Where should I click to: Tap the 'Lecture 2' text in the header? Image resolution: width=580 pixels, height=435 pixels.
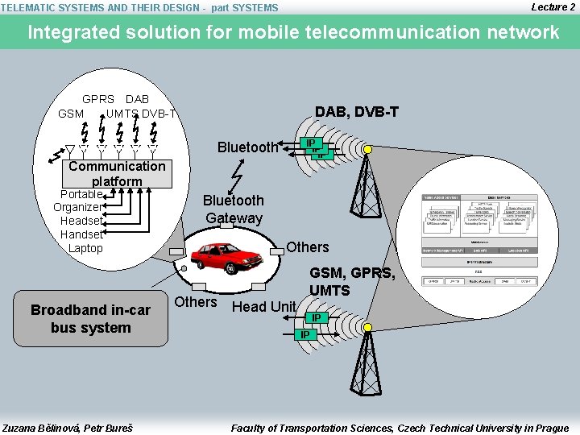point(553,6)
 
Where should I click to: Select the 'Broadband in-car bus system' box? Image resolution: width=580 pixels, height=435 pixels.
point(90,319)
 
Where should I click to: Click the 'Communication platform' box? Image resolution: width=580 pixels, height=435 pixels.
point(117,173)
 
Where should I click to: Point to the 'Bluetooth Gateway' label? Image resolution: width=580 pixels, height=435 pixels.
point(233,209)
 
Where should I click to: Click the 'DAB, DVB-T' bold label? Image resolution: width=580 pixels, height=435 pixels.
point(356,112)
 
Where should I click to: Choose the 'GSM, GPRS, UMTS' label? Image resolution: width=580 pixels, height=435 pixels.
point(352,281)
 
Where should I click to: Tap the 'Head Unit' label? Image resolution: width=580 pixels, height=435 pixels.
point(263,307)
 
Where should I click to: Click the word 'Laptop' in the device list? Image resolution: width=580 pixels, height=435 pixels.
point(85,248)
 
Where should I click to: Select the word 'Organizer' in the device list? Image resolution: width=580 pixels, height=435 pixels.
point(77,207)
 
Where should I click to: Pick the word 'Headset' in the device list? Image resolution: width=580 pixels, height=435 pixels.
point(81,221)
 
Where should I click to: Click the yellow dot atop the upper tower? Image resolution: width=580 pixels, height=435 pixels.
point(367,150)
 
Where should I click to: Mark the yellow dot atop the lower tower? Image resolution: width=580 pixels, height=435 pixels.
point(367,328)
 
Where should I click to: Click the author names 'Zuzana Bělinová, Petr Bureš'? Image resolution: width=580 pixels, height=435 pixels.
point(68,428)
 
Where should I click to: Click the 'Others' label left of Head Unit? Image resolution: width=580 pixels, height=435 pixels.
point(196,302)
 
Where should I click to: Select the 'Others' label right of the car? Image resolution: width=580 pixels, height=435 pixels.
point(308,246)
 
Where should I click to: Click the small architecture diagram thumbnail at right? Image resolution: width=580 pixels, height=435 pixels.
point(479,240)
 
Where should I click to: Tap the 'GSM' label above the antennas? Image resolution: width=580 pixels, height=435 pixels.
point(71,114)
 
